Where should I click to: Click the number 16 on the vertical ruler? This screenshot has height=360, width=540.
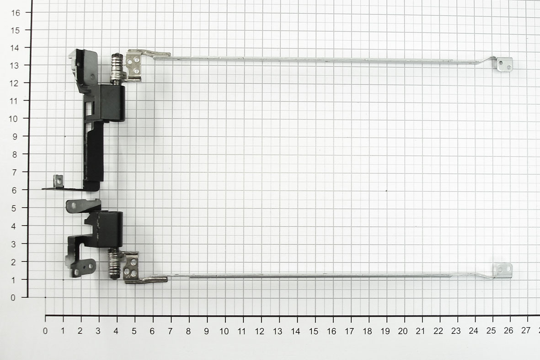click(x=16, y=13)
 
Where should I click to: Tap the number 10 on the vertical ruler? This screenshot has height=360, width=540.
click(x=13, y=119)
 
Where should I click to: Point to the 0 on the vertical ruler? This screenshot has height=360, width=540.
click(x=13, y=298)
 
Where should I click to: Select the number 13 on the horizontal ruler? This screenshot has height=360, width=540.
click(x=278, y=331)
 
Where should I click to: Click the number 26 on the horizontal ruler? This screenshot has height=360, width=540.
click(x=508, y=331)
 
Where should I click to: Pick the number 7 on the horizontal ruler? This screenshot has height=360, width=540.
click(x=170, y=331)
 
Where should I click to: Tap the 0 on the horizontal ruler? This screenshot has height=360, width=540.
click(x=45, y=331)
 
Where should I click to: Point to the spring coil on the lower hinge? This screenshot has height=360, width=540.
click(x=114, y=264)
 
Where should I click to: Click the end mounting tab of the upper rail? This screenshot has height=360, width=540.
click(x=504, y=64)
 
